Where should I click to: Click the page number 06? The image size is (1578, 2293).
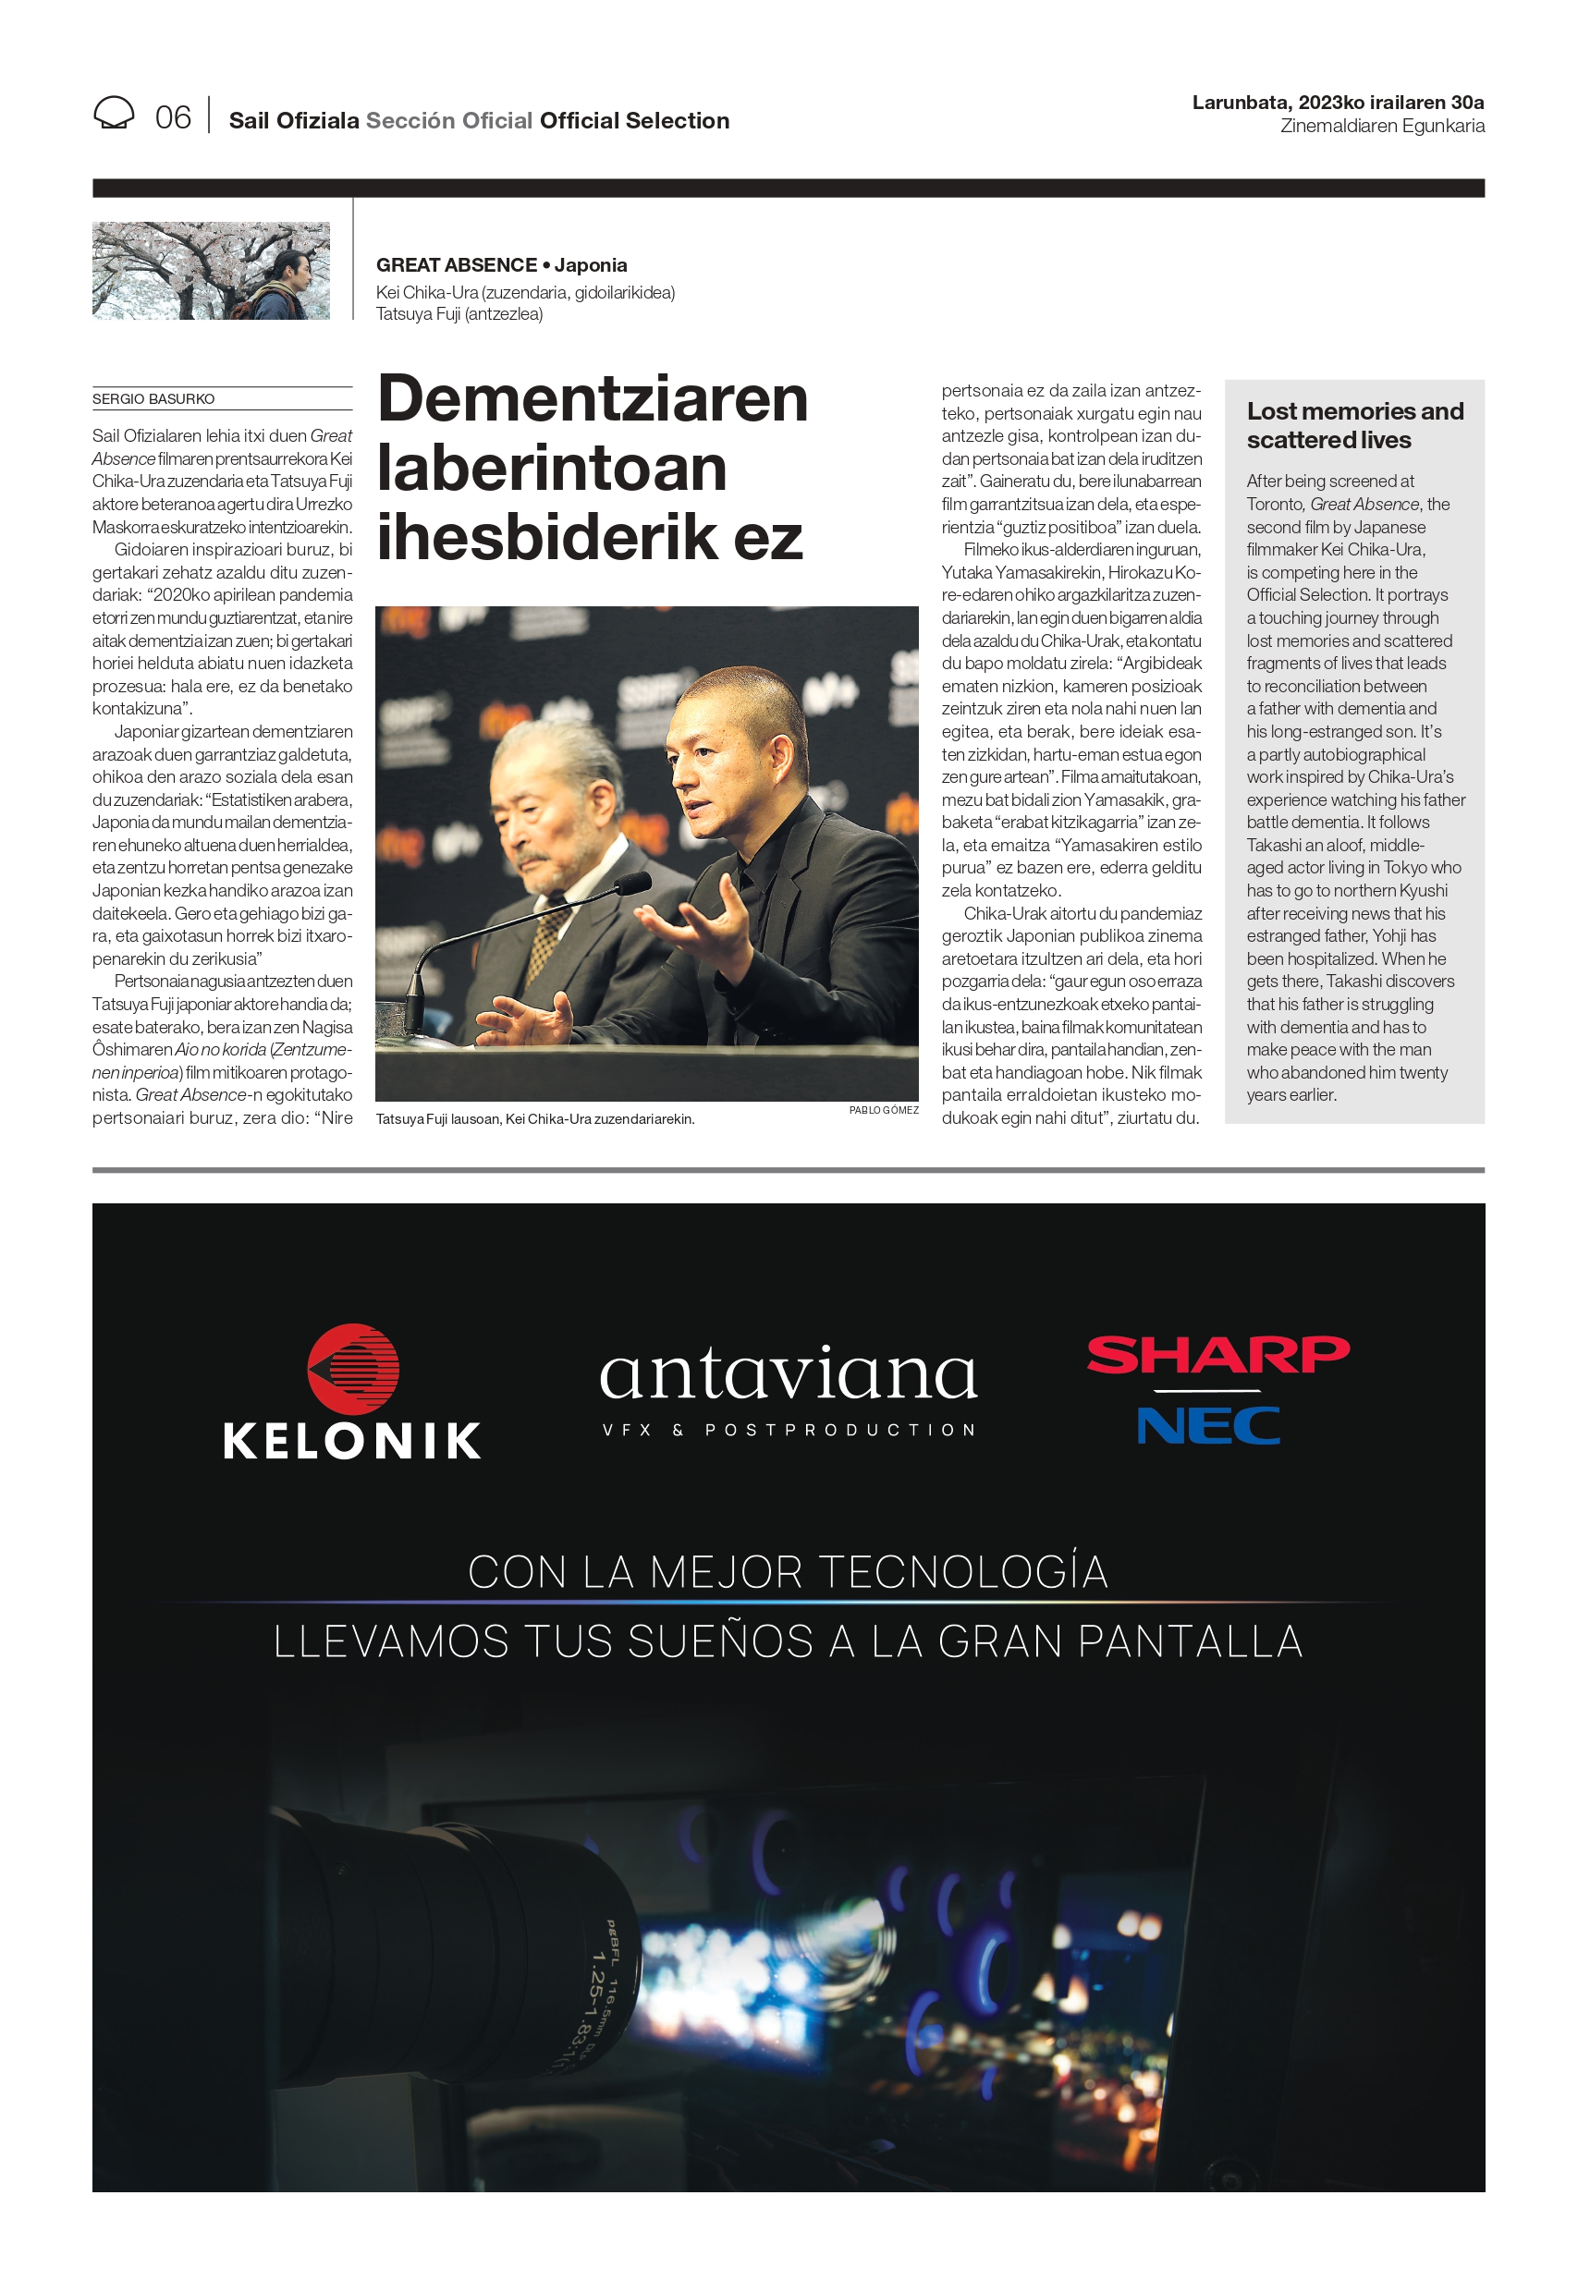(x=173, y=117)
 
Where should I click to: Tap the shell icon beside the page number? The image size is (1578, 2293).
(x=114, y=113)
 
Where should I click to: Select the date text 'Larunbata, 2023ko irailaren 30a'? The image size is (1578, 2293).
(x=1337, y=102)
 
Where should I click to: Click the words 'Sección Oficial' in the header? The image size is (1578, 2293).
(x=449, y=120)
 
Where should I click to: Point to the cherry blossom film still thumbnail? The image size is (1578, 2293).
(x=211, y=271)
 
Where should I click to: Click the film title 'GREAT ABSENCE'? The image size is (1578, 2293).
(x=456, y=265)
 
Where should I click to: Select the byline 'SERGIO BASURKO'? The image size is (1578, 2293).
(x=153, y=399)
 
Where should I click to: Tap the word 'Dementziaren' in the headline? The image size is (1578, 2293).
(x=593, y=399)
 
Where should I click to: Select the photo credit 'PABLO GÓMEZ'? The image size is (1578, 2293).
(x=883, y=1110)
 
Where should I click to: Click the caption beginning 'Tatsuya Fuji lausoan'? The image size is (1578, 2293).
(x=535, y=1119)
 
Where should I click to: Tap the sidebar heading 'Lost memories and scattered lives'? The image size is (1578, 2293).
(x=1353, y=425)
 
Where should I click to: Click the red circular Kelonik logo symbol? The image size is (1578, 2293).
(x=353, y=1369)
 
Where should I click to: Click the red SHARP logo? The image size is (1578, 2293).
(x=1217, y=1354)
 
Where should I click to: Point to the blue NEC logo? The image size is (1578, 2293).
(x=1207, y=1425)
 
